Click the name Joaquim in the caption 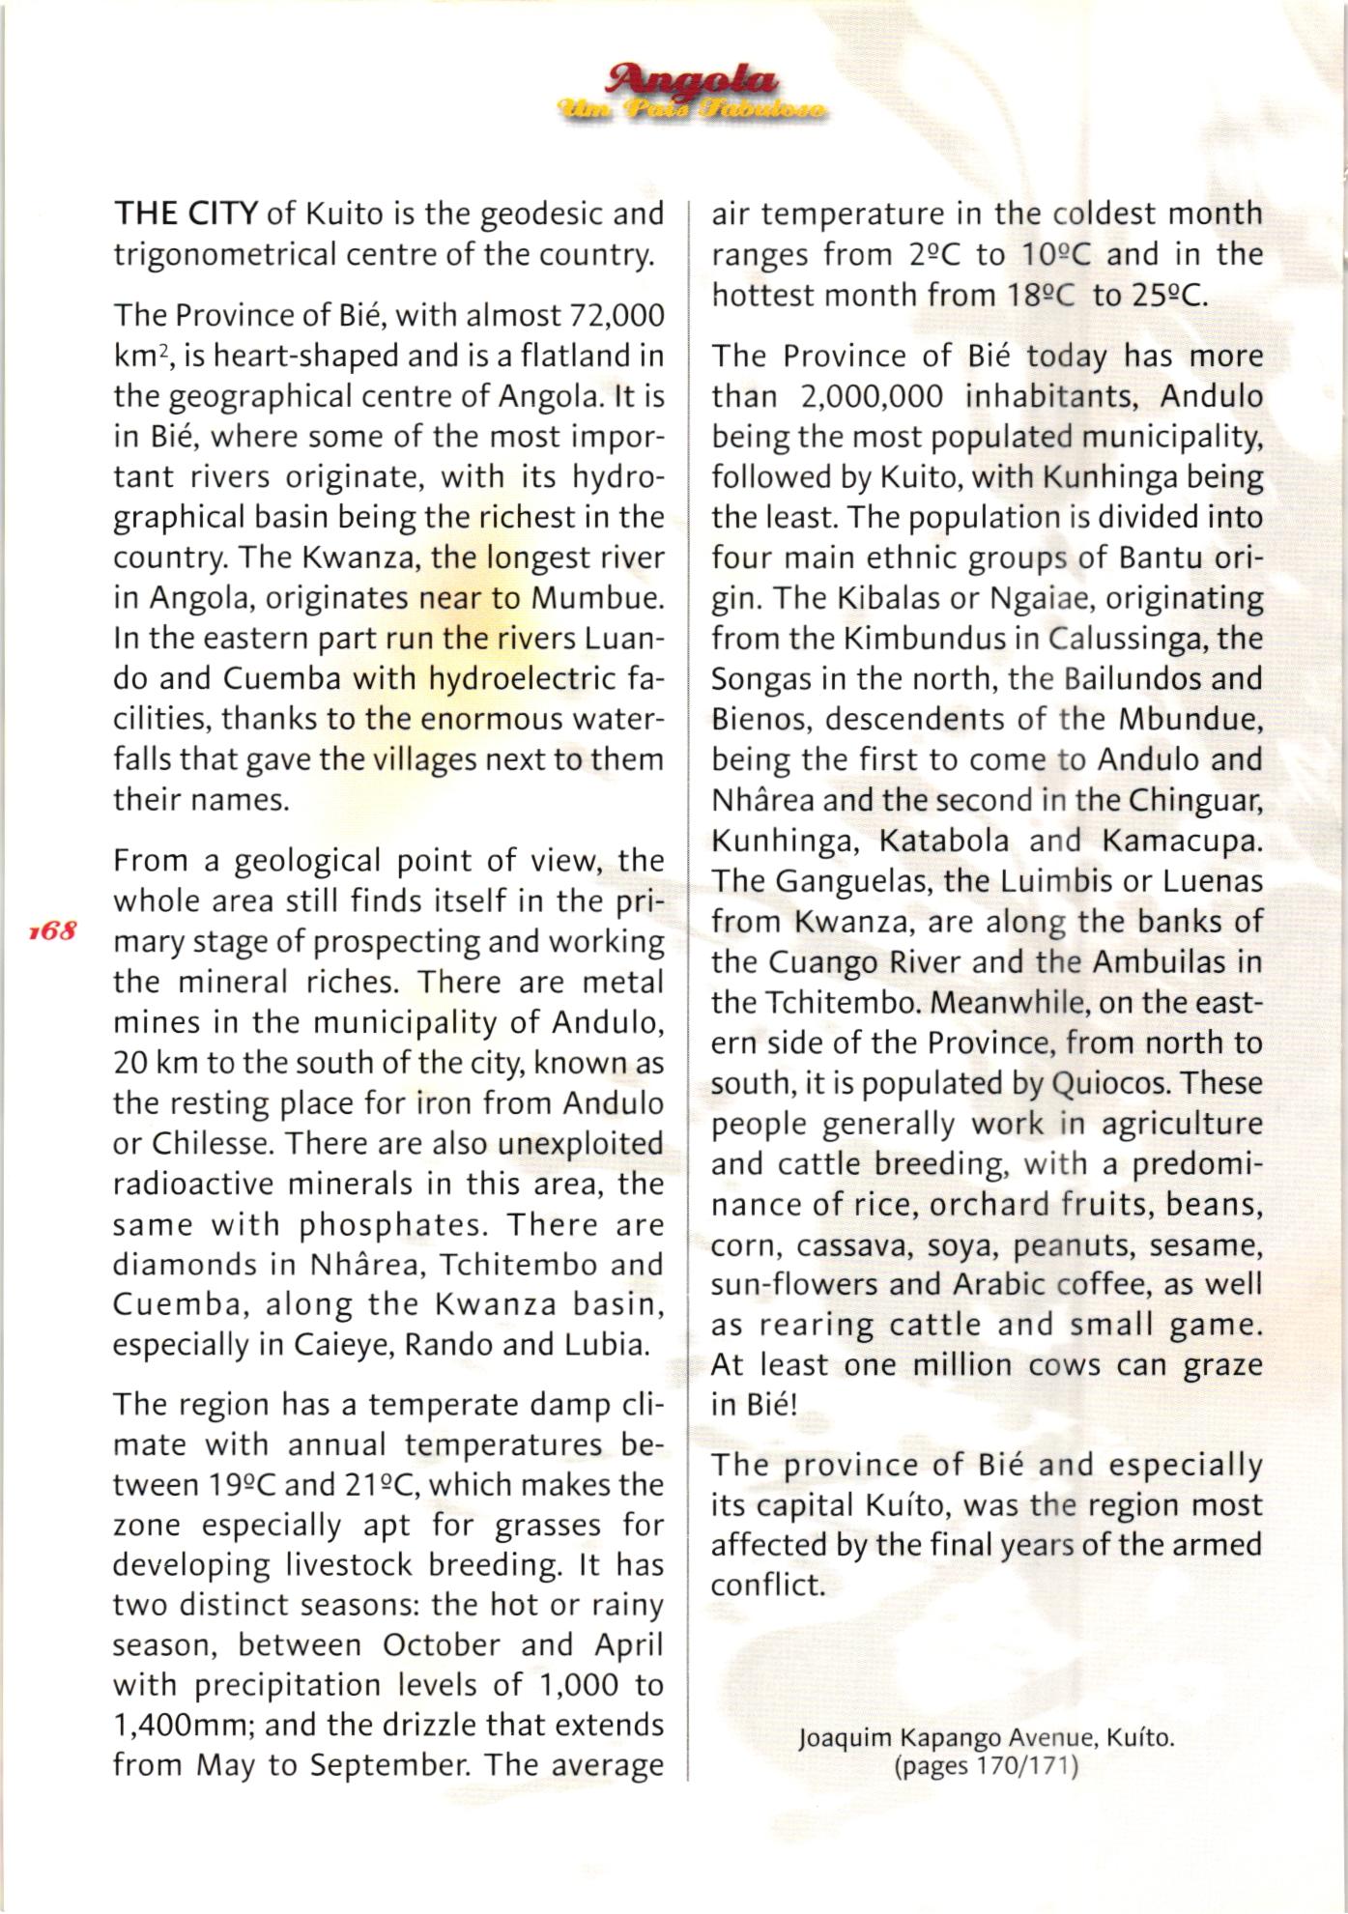pyautogui.click(x=846, y=1740)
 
